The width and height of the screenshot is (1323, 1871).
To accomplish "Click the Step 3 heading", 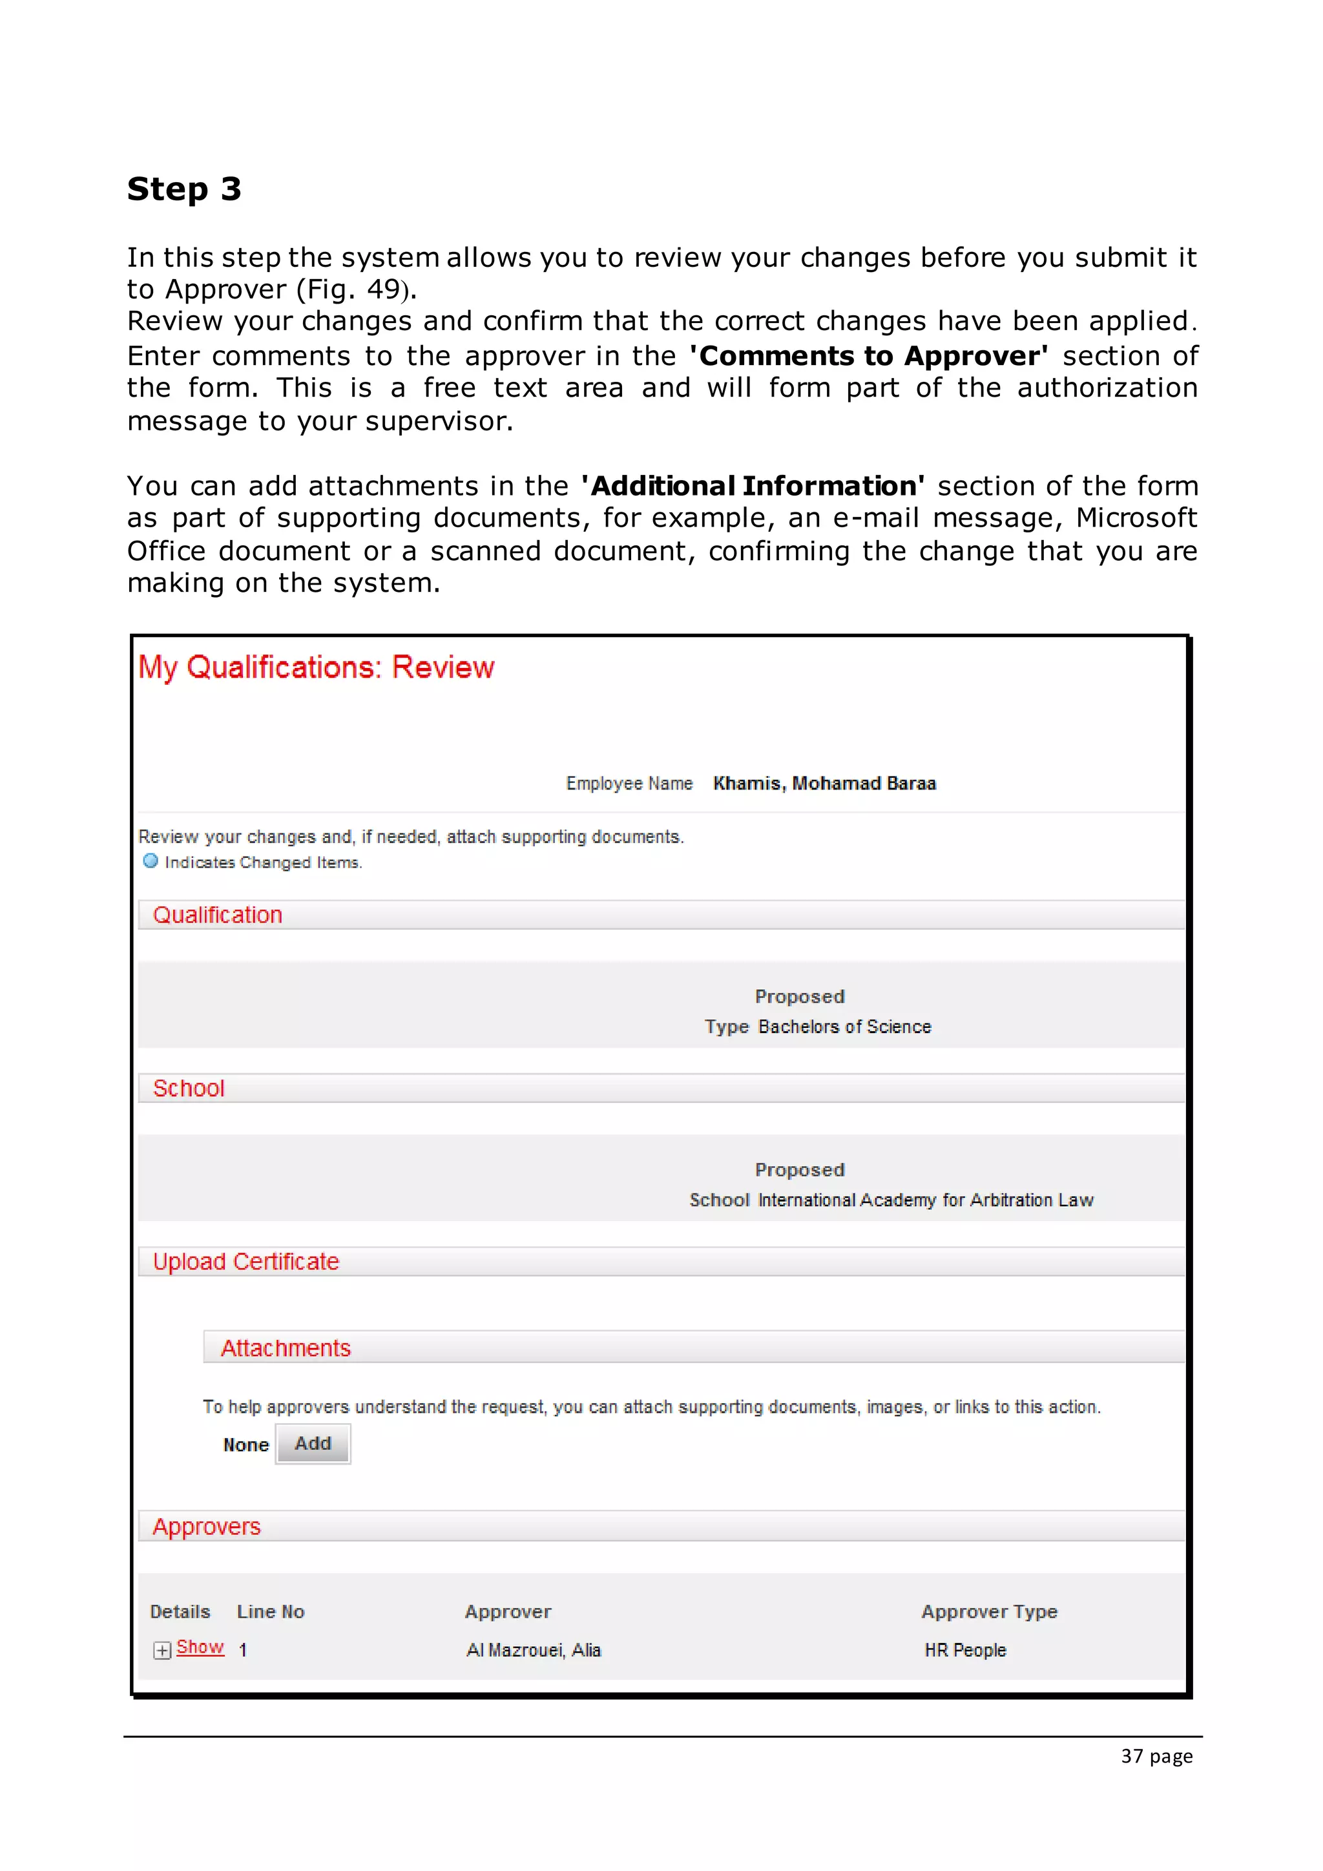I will click(184, 189).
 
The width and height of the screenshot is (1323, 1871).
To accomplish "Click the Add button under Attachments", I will click(313, 1443).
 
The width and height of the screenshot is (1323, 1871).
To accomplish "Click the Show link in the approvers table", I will click(200, 1647).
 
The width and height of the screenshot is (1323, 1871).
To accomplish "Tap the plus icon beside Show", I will click(162, 1650).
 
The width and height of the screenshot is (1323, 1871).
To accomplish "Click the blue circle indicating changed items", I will click(151, 861).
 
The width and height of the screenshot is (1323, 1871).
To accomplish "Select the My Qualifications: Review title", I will click(316, 667).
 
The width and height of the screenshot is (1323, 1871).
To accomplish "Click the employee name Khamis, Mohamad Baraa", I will click(824, 783).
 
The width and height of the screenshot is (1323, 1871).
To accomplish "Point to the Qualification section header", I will click(218, 915).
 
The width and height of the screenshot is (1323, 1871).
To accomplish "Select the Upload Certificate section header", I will click(246, 1262).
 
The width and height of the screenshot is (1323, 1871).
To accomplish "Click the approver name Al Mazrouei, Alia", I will click(534, 1650).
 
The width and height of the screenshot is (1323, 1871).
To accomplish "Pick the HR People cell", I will click(965, 1650).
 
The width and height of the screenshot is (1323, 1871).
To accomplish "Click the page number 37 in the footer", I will click(1132, 1756).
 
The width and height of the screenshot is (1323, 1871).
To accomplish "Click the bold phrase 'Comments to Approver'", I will click(870, 356).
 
